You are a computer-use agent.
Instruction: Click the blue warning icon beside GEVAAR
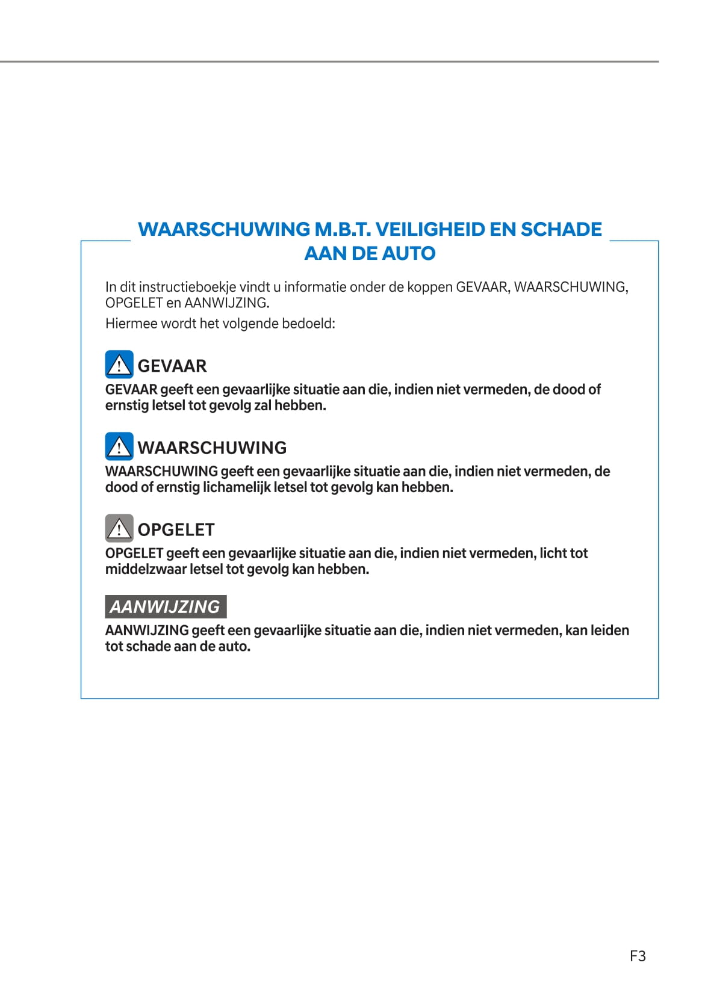tap(119, 365)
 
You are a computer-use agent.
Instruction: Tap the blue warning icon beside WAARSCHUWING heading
tap(119, 446)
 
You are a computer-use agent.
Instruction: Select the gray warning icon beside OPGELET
tap(119, 528)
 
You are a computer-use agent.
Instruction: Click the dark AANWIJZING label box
tap(166, 606)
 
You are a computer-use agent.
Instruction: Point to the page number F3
tap(638, 956)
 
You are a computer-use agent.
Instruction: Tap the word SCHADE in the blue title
tap(561, 229)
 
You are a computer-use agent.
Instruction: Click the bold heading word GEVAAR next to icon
tap(172, 366)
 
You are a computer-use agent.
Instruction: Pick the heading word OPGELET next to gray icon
tap(176, 529)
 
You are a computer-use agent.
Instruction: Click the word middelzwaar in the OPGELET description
tap(145, 569)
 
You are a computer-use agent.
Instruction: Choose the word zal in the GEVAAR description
tap(262, 405)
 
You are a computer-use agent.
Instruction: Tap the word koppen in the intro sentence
tap(429, 288)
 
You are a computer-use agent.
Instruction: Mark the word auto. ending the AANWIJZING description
tap(235, 647)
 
